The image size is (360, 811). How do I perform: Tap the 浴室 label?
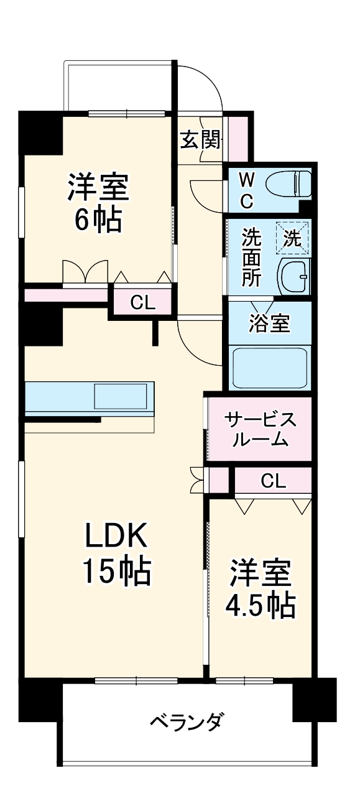269,323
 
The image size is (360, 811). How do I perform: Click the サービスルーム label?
260,429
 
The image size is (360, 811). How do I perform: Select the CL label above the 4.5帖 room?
273,480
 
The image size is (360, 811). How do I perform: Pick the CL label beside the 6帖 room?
142,303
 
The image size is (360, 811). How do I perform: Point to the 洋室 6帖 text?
98,202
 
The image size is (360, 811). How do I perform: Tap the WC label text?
247,190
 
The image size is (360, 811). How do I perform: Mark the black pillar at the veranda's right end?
314,700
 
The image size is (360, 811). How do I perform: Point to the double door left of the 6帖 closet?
85,272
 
